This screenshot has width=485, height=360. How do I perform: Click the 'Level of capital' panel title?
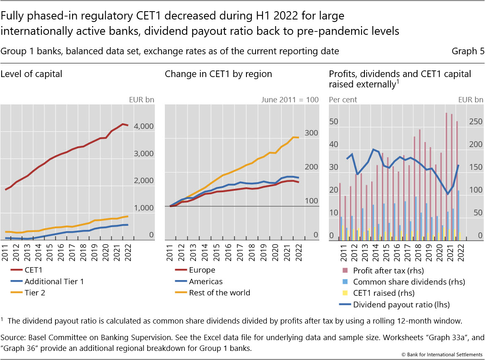[x=31, y=74]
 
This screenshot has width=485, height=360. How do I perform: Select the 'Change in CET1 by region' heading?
[x=218, y=74]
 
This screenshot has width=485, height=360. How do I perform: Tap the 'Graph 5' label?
[x=468, y=51]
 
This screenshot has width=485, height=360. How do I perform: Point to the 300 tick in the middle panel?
[x=311, y=133]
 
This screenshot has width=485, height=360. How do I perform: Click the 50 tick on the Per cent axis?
[x=334, y=122]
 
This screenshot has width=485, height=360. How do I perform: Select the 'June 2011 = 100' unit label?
[x=290, y=100]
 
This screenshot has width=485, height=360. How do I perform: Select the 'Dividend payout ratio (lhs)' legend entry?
[x=401, y=304]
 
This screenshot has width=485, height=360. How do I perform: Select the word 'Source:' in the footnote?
[x=12, y=338]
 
